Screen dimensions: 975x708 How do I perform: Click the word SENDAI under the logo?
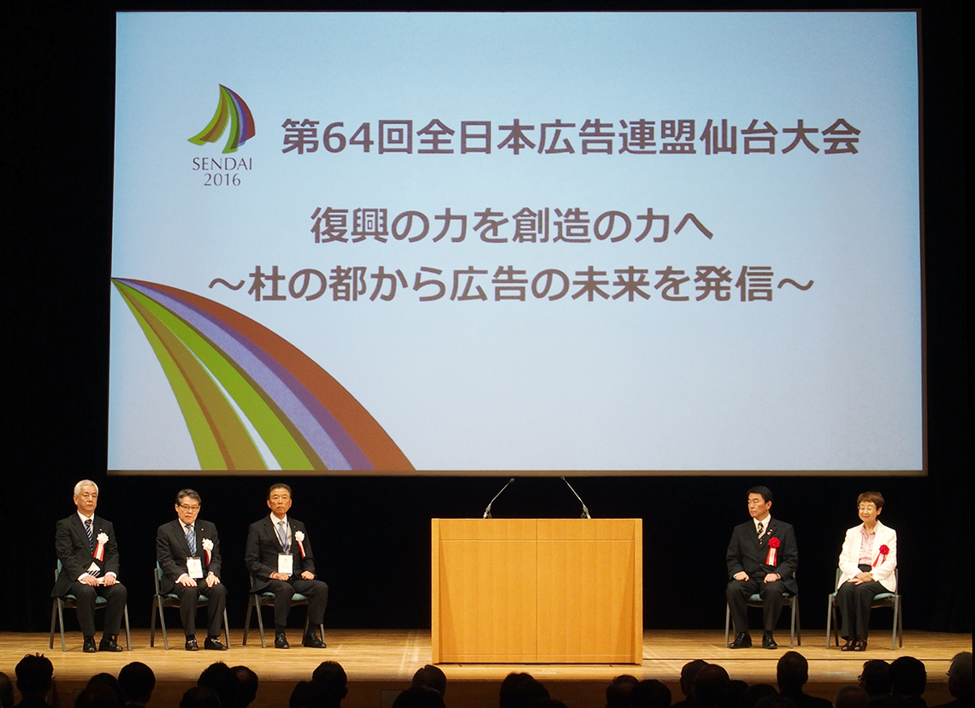(x=222, y=165)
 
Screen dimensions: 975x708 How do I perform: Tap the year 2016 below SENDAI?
(x=222, y=180)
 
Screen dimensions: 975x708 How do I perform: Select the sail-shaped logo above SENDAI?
(x=222, y=118)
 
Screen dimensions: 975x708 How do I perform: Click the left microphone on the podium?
(x=498, y=498)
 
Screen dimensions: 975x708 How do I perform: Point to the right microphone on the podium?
(x=576, y=498)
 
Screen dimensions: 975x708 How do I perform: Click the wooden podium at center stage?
(x=536, y=591)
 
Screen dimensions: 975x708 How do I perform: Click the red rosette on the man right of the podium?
(x=773, y=549)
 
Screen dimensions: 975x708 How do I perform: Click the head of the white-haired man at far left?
(x=86, y=495)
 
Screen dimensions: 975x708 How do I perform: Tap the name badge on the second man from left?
(x=195, y=567)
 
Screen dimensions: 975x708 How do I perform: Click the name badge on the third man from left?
(x=285, y=563)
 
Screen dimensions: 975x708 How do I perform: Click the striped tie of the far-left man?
(x=90, y=540)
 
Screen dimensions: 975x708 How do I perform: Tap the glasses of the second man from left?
(x=188, y=507)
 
